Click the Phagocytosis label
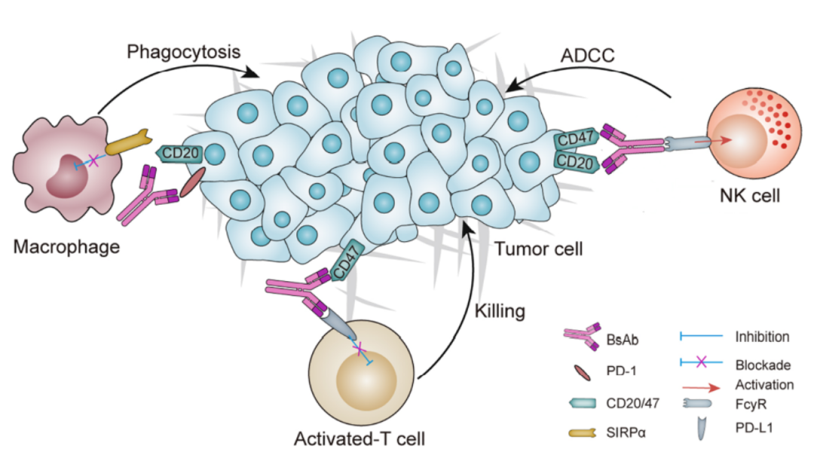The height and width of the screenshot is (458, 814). click(184, 52)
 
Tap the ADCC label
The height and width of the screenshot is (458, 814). click(587, 56)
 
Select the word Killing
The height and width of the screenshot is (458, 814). click(500, 311)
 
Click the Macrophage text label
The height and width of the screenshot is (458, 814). click(66, 246)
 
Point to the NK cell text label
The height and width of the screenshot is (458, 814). click(750, 196)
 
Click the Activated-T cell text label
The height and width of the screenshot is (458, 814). click(360, 439)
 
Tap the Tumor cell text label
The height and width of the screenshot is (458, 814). click(538, 249)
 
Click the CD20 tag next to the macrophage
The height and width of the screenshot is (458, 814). click(179, 153)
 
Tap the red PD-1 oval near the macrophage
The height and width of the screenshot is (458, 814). click(193, 182)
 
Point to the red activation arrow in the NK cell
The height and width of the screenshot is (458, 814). click(714, 141)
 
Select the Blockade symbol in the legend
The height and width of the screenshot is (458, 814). click(702, 362)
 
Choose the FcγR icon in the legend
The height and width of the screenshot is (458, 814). click(696, 403)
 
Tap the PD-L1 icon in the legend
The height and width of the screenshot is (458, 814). click(702, 429)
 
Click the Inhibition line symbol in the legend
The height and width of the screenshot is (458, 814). click(702, 336)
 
